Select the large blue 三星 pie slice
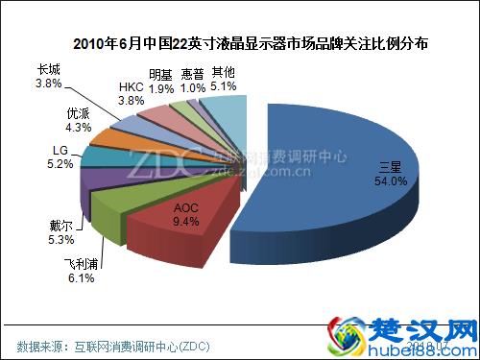click(x=346, y=182)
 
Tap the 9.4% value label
click(x=186, y=221)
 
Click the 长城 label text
click(x=48, y=69)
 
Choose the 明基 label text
click(x=161, y=73)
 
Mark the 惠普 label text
click(x=191, y=73)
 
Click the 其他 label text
click(x=222, y=72)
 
